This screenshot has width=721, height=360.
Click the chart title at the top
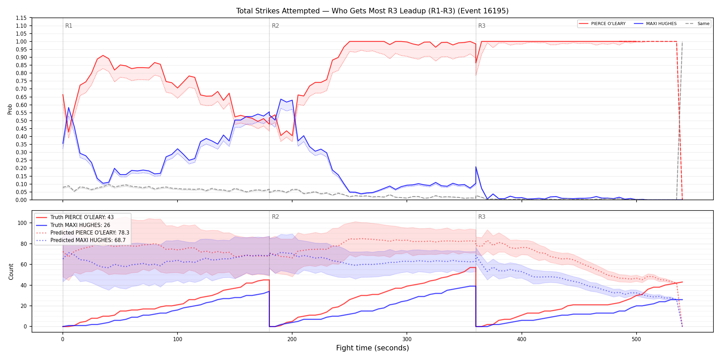[x=372, y=11]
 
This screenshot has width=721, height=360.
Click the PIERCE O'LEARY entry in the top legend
[x=602, y=24]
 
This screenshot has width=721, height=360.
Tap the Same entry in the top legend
[x=697, y=24]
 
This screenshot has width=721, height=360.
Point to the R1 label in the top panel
[x=69, y=26]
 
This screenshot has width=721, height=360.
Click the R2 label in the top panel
[x=275, y=26]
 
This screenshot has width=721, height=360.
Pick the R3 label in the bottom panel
[x=482, y=217]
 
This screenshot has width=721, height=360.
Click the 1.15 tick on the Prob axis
[x=21, y=18]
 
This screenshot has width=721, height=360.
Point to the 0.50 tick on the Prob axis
[x=21, y=121]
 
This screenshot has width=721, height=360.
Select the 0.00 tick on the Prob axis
[x=21, y=200]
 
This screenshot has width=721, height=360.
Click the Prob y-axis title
[x=10, y=109]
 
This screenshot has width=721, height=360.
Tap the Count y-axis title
[x=11, y=272]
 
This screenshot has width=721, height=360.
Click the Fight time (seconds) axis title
[x=373, y=348]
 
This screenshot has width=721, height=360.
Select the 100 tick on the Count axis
[x=22, y=223]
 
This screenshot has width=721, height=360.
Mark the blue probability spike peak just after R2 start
[x=281, y=99]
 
